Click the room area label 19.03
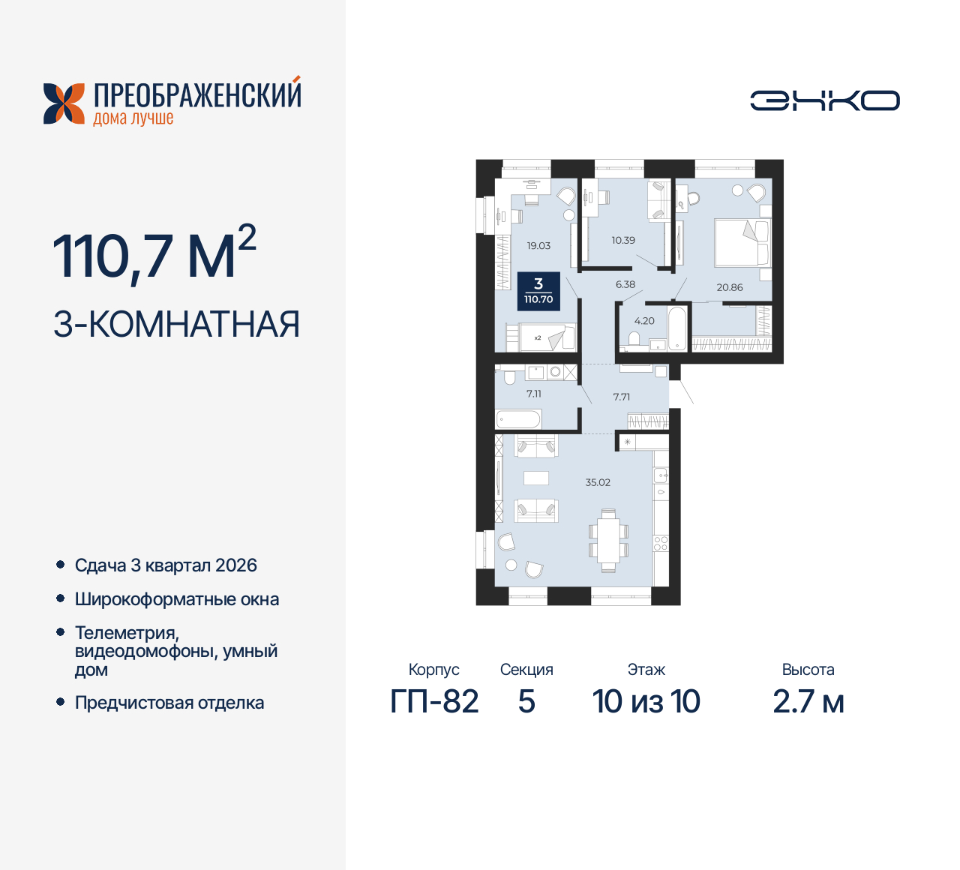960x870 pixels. [538, 246]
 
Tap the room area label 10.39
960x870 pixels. [623, 241]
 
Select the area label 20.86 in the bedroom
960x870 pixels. [729, 287]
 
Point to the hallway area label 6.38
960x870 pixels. [625, 284]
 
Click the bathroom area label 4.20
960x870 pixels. [644, 321]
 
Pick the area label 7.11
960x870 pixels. [533, 394]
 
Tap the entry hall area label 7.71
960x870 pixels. [621, 397]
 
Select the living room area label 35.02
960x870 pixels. [598, 482]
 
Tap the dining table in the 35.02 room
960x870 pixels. [608, 540]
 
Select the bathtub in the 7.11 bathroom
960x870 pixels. [518, 418]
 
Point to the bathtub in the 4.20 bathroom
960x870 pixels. [677, 328]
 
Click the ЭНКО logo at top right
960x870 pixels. [825, 100]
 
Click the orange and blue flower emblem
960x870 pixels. [64, 103]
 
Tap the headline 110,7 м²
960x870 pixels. [154, 255]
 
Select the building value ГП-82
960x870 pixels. [434, 702]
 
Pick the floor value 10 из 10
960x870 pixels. [646, 702]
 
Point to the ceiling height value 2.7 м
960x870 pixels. [808, 702]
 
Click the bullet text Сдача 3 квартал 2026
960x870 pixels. [166, 565]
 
